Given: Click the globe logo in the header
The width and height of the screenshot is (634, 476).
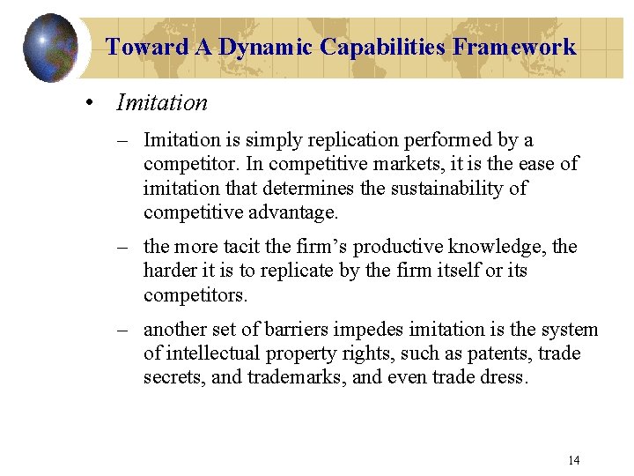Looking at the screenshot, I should (x=50, y=47).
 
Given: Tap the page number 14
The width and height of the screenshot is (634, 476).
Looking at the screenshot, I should (x=574, y=460).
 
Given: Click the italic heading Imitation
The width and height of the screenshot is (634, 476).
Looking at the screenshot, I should (x=162, y=103).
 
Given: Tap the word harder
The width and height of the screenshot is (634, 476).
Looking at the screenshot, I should (x=170, y=271).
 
